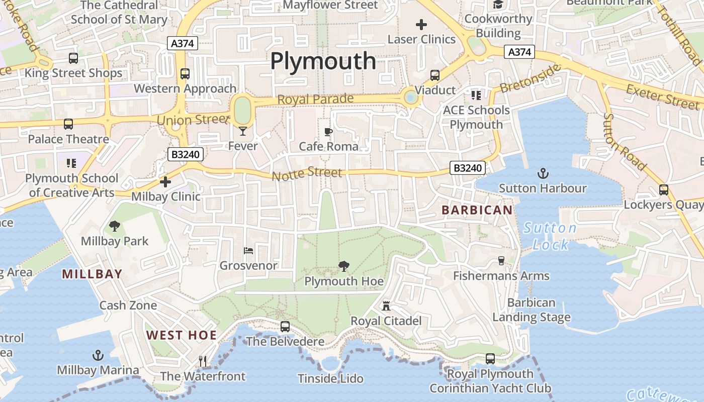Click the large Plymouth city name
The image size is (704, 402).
[x=323, y=61]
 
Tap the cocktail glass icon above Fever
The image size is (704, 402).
[x=243, y=131]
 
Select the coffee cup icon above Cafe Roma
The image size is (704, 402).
[x=328, y=132]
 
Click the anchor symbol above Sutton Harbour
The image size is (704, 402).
[x=543, y=174]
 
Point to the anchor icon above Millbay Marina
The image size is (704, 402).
[x=98, y=356]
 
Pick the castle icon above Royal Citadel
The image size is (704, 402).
[x=386, y=306]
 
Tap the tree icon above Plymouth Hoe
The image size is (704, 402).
[x=344, y=266]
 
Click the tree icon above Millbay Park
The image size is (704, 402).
[x=115, y=226]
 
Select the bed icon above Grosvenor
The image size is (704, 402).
[x=248, y=250]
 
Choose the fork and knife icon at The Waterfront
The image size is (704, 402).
[x=203, y=361]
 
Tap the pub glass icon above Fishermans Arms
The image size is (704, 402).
[x=501, y=260]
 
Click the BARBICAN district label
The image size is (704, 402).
[x=477, y=210]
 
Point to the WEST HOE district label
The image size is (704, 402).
[x=182, y=335]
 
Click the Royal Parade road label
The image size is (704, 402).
[x=315, y=99]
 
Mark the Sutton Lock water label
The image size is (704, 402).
[x=550, y=236]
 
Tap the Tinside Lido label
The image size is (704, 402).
[x=330, y=378]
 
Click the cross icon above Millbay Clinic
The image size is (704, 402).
[x=165, y=182]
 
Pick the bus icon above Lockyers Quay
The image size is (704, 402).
[x=664, y=190]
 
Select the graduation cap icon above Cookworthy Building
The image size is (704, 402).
[x=498, y=5]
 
